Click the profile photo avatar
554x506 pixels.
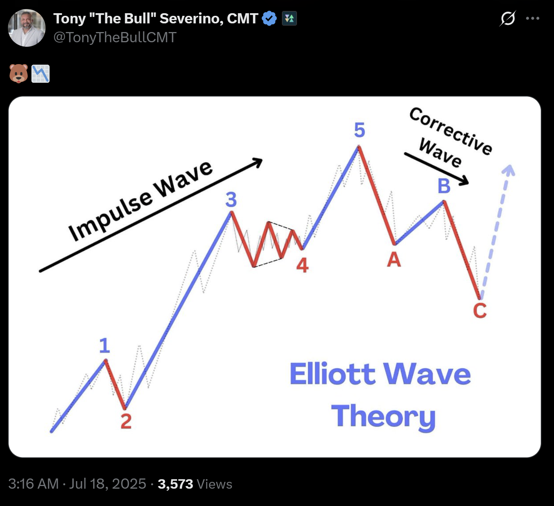27,28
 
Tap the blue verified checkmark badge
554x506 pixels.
269,18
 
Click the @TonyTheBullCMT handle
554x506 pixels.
115,37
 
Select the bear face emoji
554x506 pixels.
18,73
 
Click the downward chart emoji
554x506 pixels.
40,74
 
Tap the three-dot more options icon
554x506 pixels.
532,18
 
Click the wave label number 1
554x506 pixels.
104,345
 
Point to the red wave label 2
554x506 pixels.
126,421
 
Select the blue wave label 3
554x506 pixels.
231,199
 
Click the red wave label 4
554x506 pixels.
302,265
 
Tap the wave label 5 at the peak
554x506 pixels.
360,130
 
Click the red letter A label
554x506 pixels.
394,259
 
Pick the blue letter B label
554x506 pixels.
444,186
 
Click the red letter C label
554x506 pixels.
480,311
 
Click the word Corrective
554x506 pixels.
451,131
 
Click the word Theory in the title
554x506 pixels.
383,416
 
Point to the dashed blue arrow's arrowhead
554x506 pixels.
509,170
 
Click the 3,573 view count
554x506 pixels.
175,484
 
